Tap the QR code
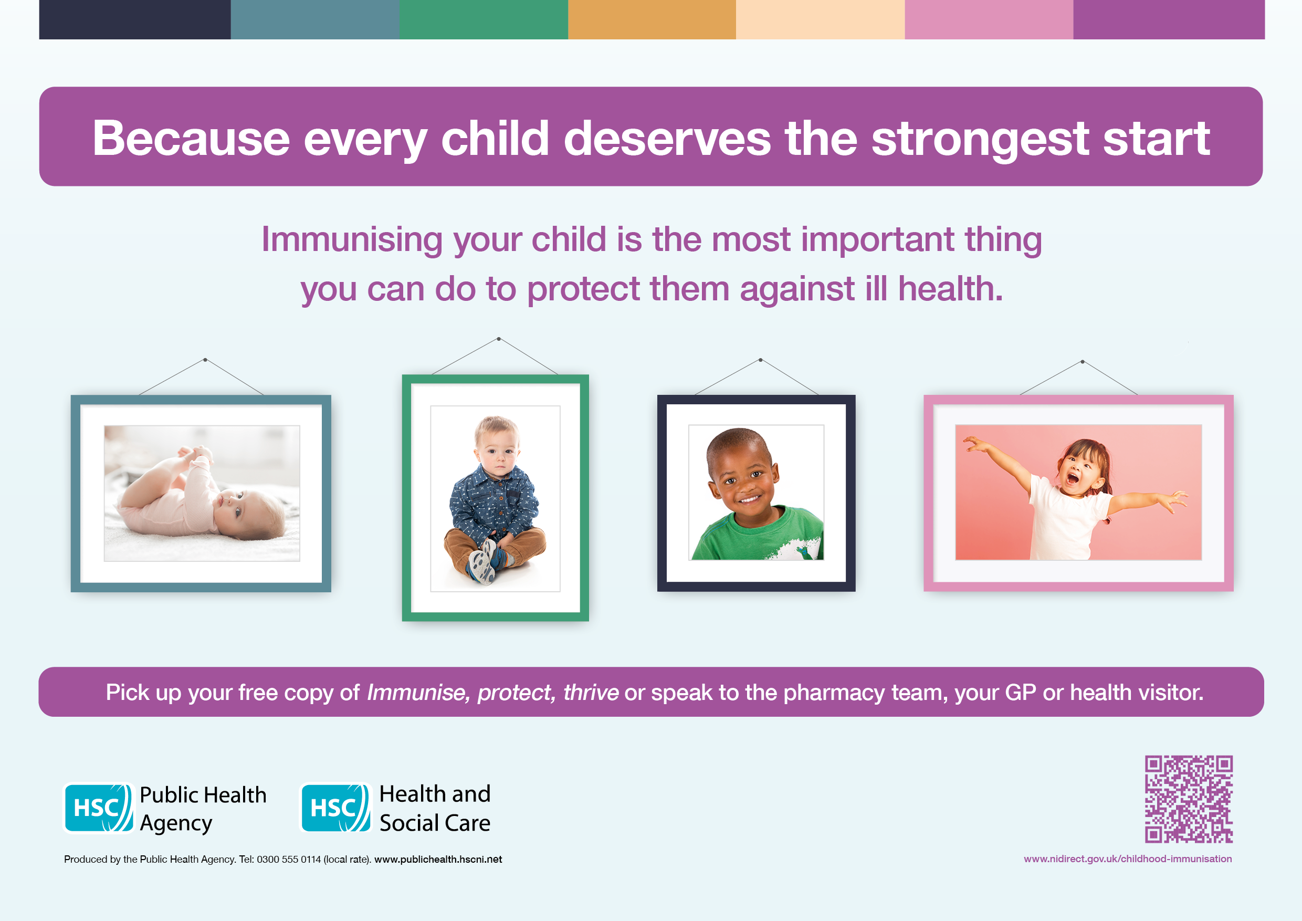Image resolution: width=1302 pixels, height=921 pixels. (x=1189, y=799)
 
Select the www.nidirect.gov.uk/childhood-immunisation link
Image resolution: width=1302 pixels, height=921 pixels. (x=1127, y=859)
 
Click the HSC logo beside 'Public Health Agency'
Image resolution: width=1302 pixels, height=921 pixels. (x=99, y=808)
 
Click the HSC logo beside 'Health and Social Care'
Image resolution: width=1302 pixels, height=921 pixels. (x=335, y=808)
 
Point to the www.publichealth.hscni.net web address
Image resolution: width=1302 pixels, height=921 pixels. (x=438, y=859)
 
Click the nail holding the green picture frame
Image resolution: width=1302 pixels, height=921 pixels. (x=498, y=339)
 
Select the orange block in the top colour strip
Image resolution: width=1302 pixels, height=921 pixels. (x=652, y=19)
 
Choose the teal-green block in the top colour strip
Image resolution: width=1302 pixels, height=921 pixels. (x=484, y=19)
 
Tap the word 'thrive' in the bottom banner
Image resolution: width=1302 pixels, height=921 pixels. (x=590, y=693)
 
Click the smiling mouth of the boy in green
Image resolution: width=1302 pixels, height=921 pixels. (x=749, y=499)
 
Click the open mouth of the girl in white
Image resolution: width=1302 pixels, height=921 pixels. (x=1072, y=477)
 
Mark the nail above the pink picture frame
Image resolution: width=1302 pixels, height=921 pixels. (x=1082, y=361)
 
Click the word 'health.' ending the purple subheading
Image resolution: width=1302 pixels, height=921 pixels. (x=950, y=289)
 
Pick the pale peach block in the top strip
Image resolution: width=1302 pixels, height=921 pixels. (x=820, y=19)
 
